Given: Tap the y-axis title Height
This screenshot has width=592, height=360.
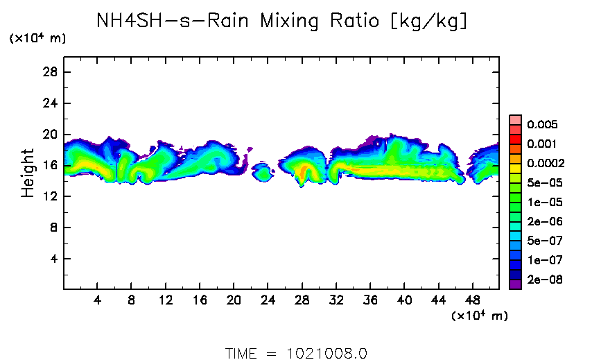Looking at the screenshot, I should [x=28, y=173].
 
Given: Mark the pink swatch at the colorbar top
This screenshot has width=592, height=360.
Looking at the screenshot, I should [x=514, y=119].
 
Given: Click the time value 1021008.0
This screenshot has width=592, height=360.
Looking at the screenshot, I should [x=326, y=352].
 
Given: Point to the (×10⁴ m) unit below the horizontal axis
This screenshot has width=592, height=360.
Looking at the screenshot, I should [x=479, y=316].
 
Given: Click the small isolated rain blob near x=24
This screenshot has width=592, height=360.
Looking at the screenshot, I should [x=263, y=172].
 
